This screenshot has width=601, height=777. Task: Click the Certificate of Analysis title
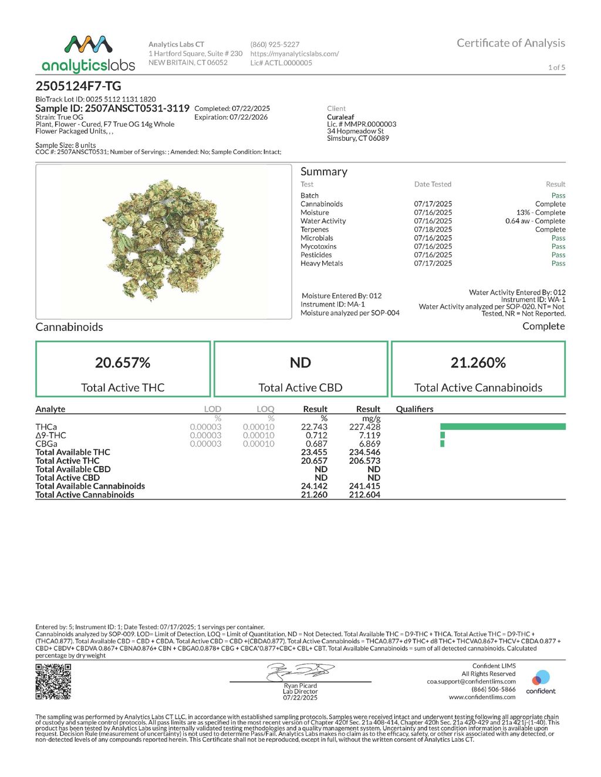click(511, 43)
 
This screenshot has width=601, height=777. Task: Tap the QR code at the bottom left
click(53, 681)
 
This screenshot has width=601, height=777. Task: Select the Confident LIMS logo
click(541, 682)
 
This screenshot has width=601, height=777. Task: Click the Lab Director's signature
click(300, 671)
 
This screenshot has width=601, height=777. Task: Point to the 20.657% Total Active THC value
click(123, 363)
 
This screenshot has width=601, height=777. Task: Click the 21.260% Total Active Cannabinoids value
click(478, 363)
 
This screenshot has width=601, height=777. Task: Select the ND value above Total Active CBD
click(300, 363)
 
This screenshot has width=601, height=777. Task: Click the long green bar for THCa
click(502, 427)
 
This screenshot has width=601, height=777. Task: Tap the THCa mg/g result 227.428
click(364, 427)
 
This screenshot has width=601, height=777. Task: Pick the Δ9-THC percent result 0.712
click(316, 435)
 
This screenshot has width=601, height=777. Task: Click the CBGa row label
click(46, 444)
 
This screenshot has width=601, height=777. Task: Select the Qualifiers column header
click(414, 409)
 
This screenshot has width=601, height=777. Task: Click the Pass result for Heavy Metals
click(558, 263)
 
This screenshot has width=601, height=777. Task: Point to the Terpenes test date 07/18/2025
click(433, 229)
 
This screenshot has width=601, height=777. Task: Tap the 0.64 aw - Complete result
click(535, 221)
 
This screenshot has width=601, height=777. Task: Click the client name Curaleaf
click(340, 117)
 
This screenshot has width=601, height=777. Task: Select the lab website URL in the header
click(295, 53)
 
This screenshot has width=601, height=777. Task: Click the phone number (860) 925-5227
click(275, 45)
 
